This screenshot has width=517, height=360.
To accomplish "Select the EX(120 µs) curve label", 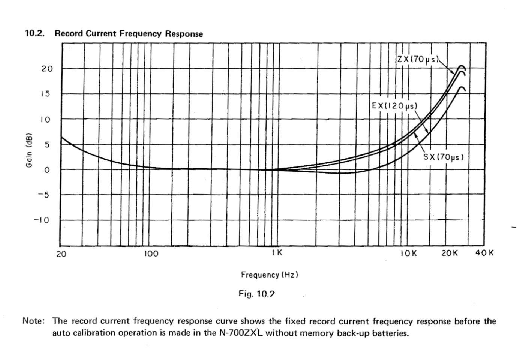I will tap(394, 106).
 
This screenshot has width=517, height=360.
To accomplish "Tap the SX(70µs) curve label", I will tap(444, 157).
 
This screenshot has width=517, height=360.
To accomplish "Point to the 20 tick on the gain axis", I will tap(47, 69).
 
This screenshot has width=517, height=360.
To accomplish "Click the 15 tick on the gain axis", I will tap(45, 94).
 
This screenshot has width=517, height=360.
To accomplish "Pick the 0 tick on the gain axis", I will tap(46, 170).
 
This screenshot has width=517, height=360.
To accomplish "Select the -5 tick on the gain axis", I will tap(44, 195).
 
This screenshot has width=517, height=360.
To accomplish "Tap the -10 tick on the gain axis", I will tap(42, 220).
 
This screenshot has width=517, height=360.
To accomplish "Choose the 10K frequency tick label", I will tap(408, 253).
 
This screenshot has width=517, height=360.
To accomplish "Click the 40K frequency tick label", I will tap(484, 253).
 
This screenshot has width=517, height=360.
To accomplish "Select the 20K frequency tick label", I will tap(449, 253).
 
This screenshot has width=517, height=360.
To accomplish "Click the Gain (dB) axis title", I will tap(28, 150).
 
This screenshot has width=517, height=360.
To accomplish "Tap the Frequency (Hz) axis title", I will tap(270, 275).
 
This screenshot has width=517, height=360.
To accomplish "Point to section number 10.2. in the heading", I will tap(34, 34).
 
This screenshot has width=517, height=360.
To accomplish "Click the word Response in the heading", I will tap(184, 34).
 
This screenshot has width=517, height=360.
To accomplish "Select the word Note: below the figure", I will tap(34, 321).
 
